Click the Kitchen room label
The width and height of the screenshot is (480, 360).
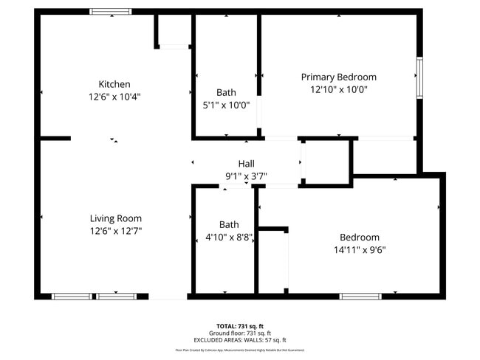114,84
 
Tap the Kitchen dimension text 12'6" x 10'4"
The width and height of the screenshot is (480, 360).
114,97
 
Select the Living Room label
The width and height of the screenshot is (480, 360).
115,218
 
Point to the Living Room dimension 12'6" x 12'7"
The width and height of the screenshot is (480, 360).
115,231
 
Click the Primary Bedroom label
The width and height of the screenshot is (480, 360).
338,77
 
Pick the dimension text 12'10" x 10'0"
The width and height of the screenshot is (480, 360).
338,89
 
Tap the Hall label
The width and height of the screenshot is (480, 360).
246,164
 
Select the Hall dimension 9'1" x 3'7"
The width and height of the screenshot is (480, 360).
246,176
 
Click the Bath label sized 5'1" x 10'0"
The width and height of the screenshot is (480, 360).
226,92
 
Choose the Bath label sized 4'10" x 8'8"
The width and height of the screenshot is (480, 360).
229,224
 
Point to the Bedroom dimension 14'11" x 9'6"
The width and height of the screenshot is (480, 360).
359,249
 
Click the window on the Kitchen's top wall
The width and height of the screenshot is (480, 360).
111,12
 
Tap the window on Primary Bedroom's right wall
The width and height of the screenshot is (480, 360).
419,77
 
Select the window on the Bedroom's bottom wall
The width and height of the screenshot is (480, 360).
360,297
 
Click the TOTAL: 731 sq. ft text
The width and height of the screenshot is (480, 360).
239,325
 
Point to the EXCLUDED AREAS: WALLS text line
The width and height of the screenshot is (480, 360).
239,340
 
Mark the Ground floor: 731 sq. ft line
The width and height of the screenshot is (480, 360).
239,333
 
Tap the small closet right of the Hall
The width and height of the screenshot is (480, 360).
325,160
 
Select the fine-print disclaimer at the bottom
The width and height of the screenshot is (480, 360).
239,350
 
